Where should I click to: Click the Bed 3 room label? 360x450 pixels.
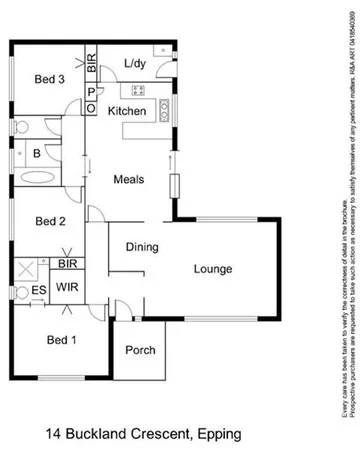[x=49, y=79]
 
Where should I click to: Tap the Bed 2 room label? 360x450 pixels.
[x=49, y=221]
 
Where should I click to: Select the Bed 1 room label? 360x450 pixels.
[x=62, y=340]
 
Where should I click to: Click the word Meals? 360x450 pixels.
[x=128, y=179]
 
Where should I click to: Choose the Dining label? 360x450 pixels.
[x=143, y=246]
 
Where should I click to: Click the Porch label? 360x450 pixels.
[x=139, y=351]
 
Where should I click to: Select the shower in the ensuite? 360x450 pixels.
[x=24, y=268]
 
